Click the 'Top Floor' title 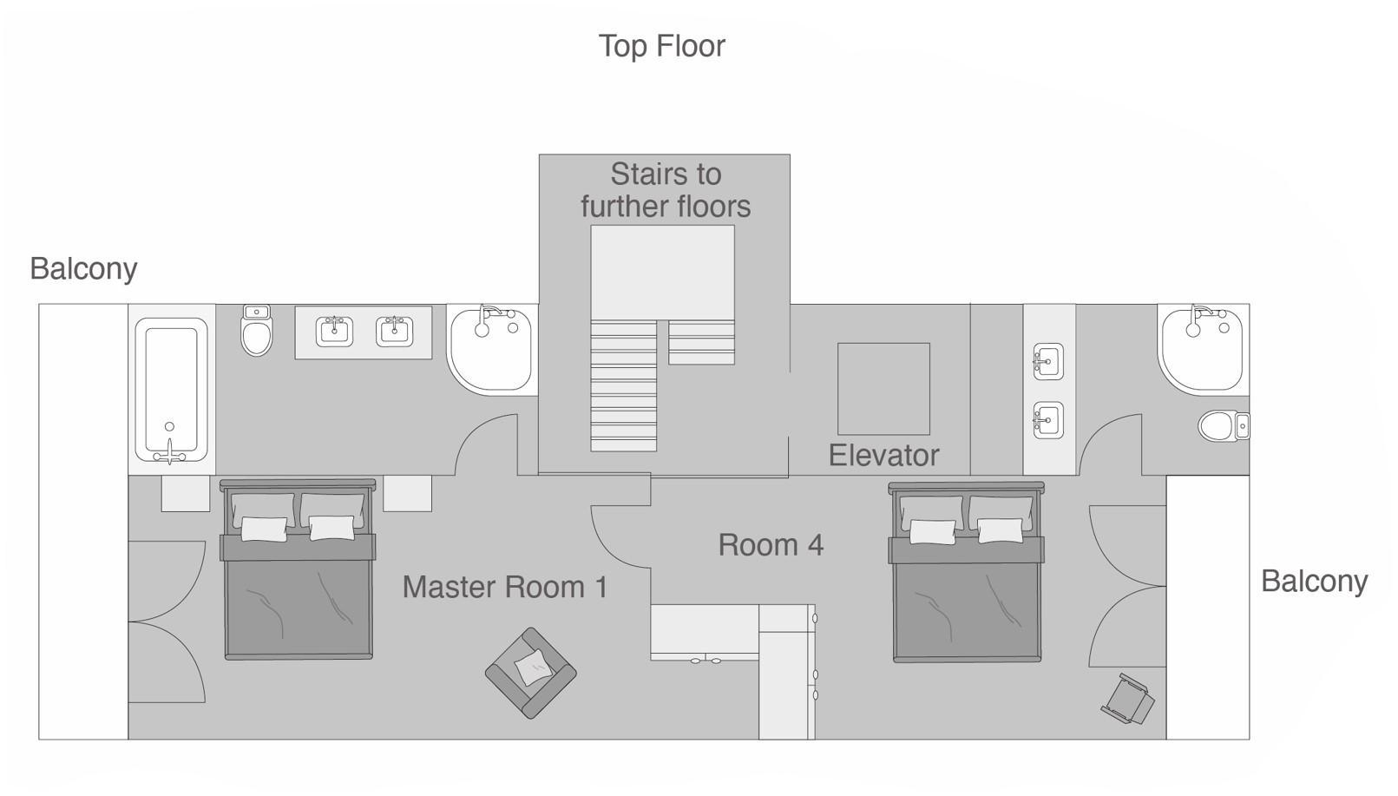coord(661,46)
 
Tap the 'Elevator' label coord(883,456)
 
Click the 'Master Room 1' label coord(505,588)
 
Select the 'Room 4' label coord(771,545)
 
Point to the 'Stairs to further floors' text coord(666,190)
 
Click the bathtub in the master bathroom coord(170,390)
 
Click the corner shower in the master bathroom coord(490,347)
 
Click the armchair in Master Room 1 coord(530,673)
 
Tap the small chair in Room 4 coord(1129,700)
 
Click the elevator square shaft coord(883,388)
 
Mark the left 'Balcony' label coord(83,269)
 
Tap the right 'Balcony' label coord(1314,582)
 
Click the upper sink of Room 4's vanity coord(1048,361)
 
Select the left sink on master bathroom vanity coord(334,331)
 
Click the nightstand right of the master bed coord(407,493)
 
